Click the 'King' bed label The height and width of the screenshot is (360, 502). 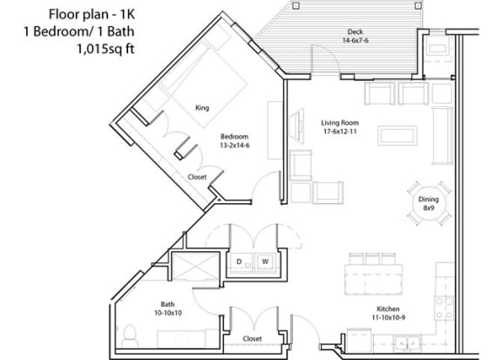pos(202,107)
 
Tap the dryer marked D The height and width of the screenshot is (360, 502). pos(240,262)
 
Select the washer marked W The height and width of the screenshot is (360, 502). pos(265,262)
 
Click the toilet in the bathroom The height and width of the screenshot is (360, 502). pos(130,336)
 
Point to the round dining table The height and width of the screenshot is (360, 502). pos(429,204)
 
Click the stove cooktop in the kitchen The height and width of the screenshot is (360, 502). pos(444,308)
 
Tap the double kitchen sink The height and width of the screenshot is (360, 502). pos(407,344)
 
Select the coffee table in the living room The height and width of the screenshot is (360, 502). pos(397,135)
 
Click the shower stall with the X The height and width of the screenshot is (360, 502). pos(195,267)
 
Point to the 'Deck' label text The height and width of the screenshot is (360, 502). pos(355,31)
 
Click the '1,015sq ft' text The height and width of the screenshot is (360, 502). pos(105,49)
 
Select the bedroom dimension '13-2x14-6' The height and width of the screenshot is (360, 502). pos(234,146)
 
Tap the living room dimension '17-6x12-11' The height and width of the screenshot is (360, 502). pos(340,132)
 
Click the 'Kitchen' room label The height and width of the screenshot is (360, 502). pos(388,309)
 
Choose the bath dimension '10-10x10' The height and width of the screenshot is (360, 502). pos(168,313)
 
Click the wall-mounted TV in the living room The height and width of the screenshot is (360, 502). pos(296,124)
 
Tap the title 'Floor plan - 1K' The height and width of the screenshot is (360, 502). pos(92,15)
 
